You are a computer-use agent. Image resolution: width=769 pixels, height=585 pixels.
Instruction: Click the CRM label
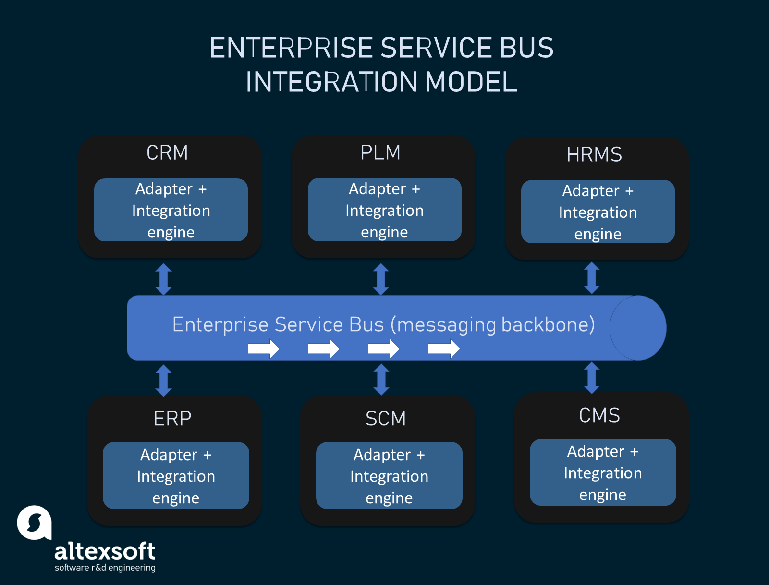pyautogui.click(x=167, y=153)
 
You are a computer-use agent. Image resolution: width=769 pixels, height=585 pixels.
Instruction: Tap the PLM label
pyautogui.click(x=380, y=153)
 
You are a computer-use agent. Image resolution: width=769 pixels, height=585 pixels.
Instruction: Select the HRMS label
pyautogui.click(x=594, y=155)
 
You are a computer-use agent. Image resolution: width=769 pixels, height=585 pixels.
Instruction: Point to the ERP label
pyautogui.click(x=172, y=419)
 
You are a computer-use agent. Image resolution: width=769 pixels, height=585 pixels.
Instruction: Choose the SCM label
pyautogui.click(x=386, y=419)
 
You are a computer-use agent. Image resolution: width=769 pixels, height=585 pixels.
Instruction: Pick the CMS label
pyautogui.click(x=599, y=415)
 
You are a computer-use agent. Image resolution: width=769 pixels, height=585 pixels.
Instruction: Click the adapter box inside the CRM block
pyautogui.click(x=171, y=210)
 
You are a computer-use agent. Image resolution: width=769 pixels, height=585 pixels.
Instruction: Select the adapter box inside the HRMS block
pyautogui.click(x=598, y=212)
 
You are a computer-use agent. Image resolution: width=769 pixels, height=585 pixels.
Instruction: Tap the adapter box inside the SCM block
pyautogui.click(x=389, y=476)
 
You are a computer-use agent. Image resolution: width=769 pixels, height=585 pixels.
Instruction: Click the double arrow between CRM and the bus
pyautogui.click(x=164, y=279)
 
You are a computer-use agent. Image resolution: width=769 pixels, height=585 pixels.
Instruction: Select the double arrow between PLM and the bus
pyautogui.click(x=381, y=279)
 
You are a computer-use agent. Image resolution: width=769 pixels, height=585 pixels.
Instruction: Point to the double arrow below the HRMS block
pyautogui.click(x=592, y=278)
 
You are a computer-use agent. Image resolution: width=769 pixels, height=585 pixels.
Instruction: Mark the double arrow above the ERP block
pyautogui.click(x=164, y=380)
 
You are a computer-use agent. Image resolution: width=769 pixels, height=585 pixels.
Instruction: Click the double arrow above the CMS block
pyautogui.click(x=592, y=378)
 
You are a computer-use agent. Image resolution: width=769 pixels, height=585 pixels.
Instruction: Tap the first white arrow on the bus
pyautogui.click(x=264, y=349)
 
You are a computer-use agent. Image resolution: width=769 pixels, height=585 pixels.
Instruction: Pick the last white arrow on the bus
pyautogui.click(x=444, y=349)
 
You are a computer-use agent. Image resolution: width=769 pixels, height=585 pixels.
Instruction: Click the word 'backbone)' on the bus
pyautogui.click(x=548, y=325)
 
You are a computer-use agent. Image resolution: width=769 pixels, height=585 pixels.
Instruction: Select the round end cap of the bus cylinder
pyautogui.click(x=638, y=328)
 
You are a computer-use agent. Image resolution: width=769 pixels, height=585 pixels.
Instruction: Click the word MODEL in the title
pyautogui.click(x=471, y=82)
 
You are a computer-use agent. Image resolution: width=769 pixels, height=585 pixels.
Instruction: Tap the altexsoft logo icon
pyautogui.click(x=35, y=523)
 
